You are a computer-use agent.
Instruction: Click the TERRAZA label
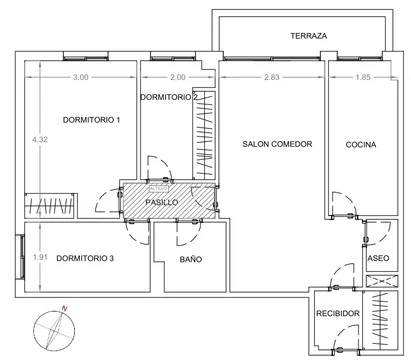(308, 36)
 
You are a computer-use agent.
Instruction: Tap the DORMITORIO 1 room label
(91, 120)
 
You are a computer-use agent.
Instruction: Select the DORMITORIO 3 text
(85, 258)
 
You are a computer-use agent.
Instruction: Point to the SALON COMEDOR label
(277, 144)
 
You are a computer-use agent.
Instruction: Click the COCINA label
(361, 145)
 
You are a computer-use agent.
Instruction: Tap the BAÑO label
(191, 259)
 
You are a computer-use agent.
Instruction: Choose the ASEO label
(378, 258)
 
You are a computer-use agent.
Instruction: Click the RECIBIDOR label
(338, 313)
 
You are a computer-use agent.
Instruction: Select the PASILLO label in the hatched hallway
(162, 202)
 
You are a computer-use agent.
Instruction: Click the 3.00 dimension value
(81, 77)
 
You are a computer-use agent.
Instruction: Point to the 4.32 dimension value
(40, 140)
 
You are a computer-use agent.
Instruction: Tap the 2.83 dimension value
(272, 77)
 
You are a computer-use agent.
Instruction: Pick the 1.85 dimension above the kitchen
(363, 77)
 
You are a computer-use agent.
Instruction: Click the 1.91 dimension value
(40, 257)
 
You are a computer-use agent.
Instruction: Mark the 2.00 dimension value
(178, 77)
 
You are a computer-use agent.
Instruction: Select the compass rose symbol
(54, 331)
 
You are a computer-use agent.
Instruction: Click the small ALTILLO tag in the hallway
(159, 189)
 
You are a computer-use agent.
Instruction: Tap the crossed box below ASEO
(382, 281)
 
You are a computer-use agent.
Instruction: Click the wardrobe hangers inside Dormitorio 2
(204, 135)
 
